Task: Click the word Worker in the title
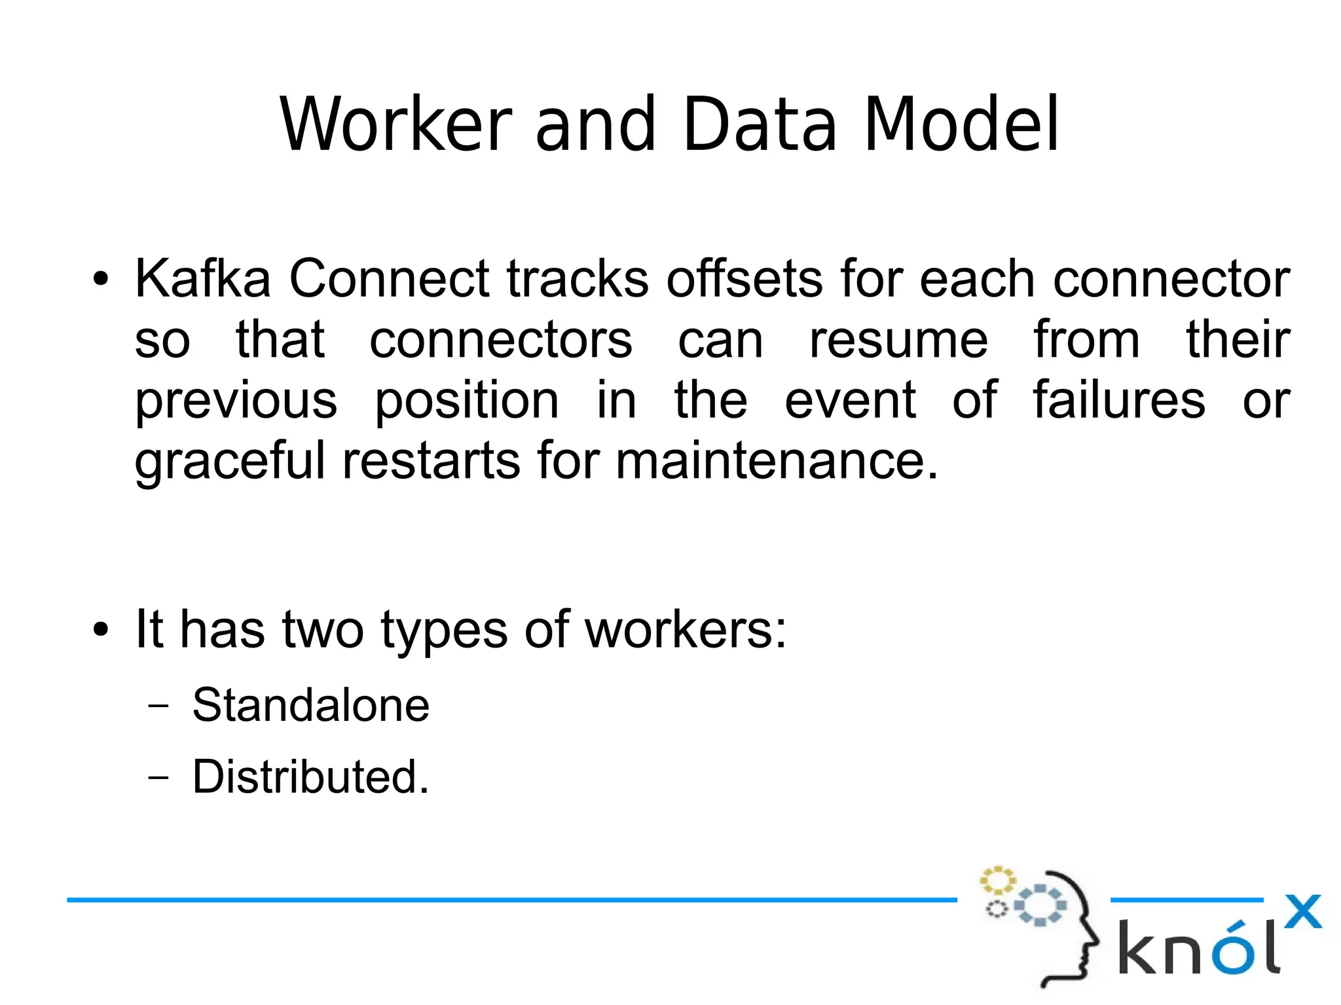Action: point(395,124)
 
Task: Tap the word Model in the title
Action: point(961,124)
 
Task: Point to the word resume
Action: point(898,340)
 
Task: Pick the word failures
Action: point(1118,400)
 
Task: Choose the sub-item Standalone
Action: point(310,705)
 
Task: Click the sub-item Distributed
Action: point(310,777)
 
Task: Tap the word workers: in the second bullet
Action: point(685,630)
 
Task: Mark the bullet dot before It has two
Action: point(100,630)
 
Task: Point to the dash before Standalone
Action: point(158,706)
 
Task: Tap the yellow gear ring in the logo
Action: point(997,881)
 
